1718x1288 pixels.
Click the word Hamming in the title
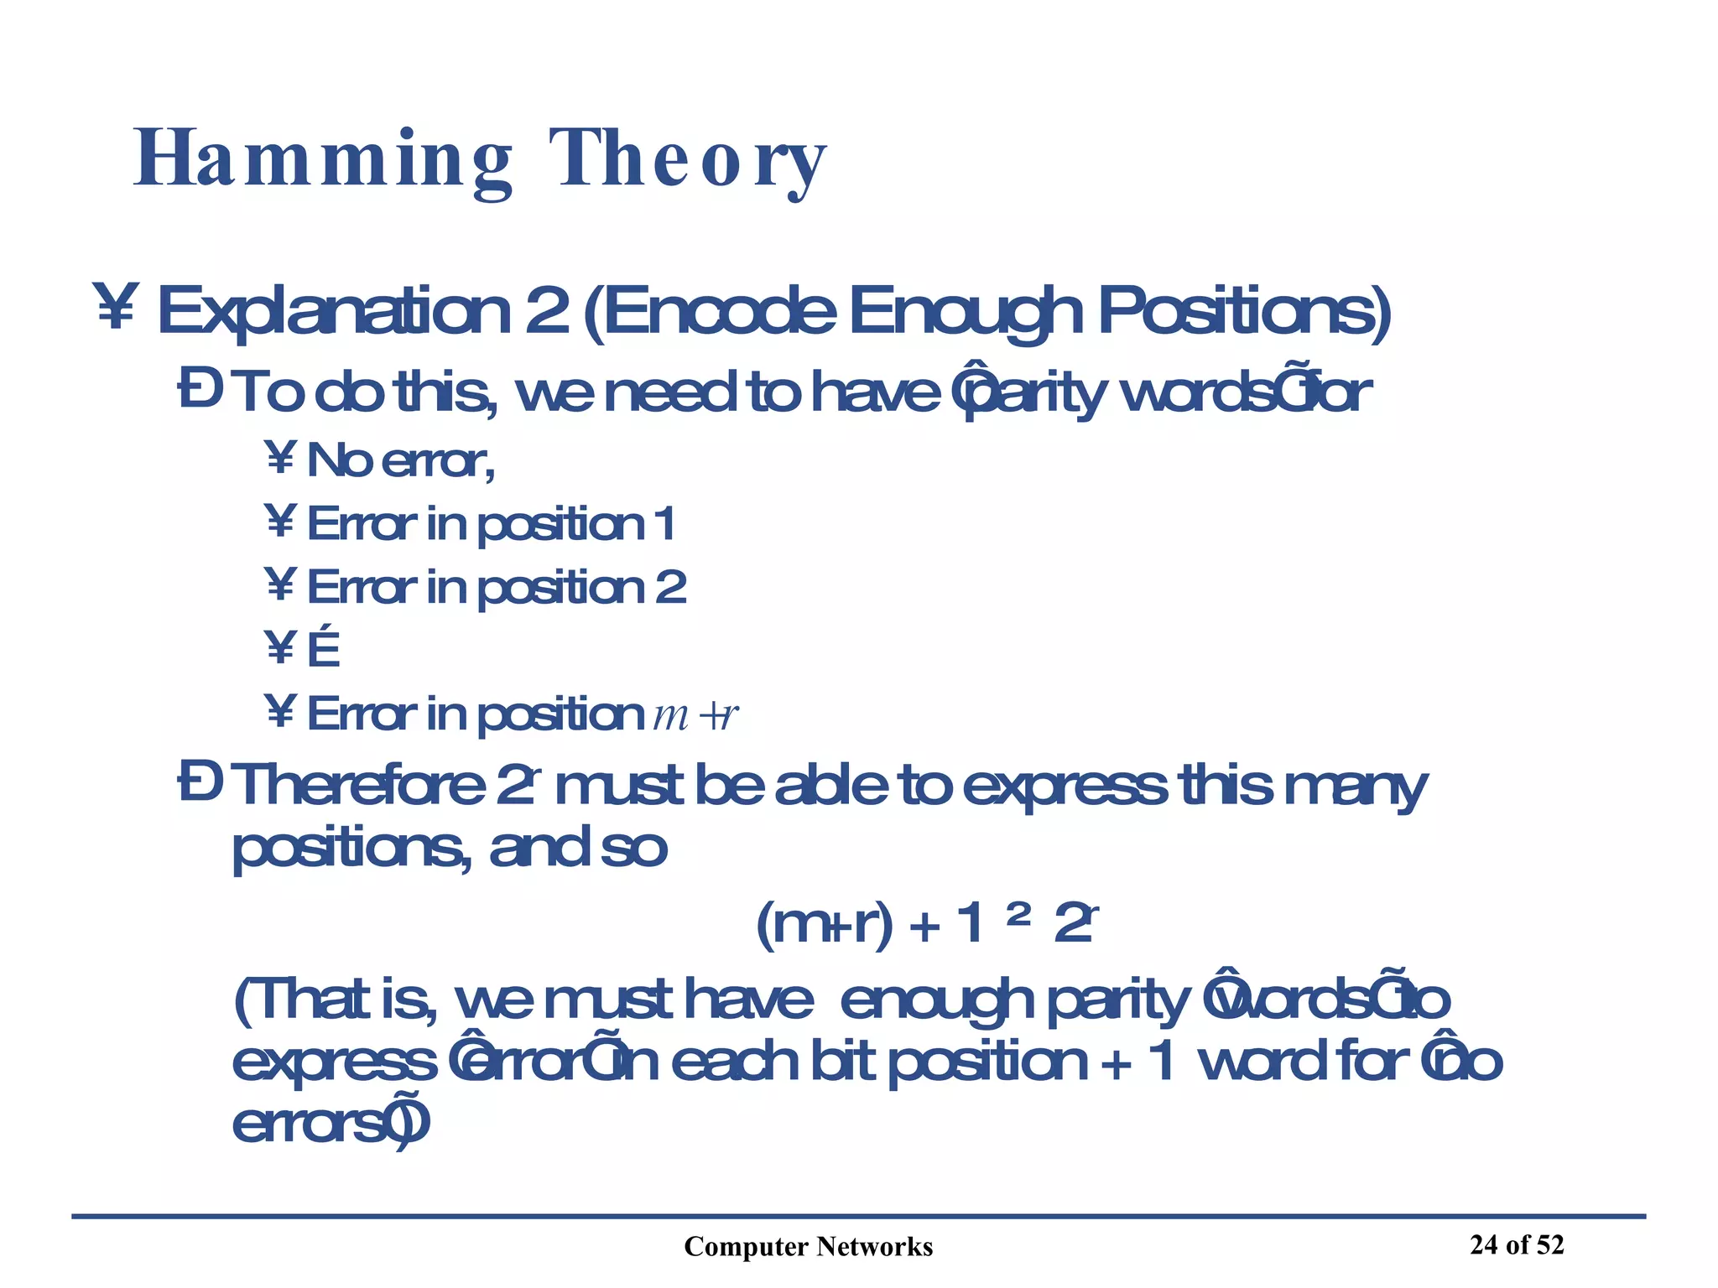(323, 159)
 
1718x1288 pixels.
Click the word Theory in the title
(688, 159)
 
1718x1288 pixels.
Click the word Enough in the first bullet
(965, 311)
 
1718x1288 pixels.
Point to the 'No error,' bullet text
(401, 460)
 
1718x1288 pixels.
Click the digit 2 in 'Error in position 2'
(670, 587)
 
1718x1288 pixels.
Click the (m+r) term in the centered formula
(825, 925)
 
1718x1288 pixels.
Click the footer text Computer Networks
(808, 1247)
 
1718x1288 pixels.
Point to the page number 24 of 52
(1517, 1244)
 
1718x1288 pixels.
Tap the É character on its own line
(324, 650)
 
